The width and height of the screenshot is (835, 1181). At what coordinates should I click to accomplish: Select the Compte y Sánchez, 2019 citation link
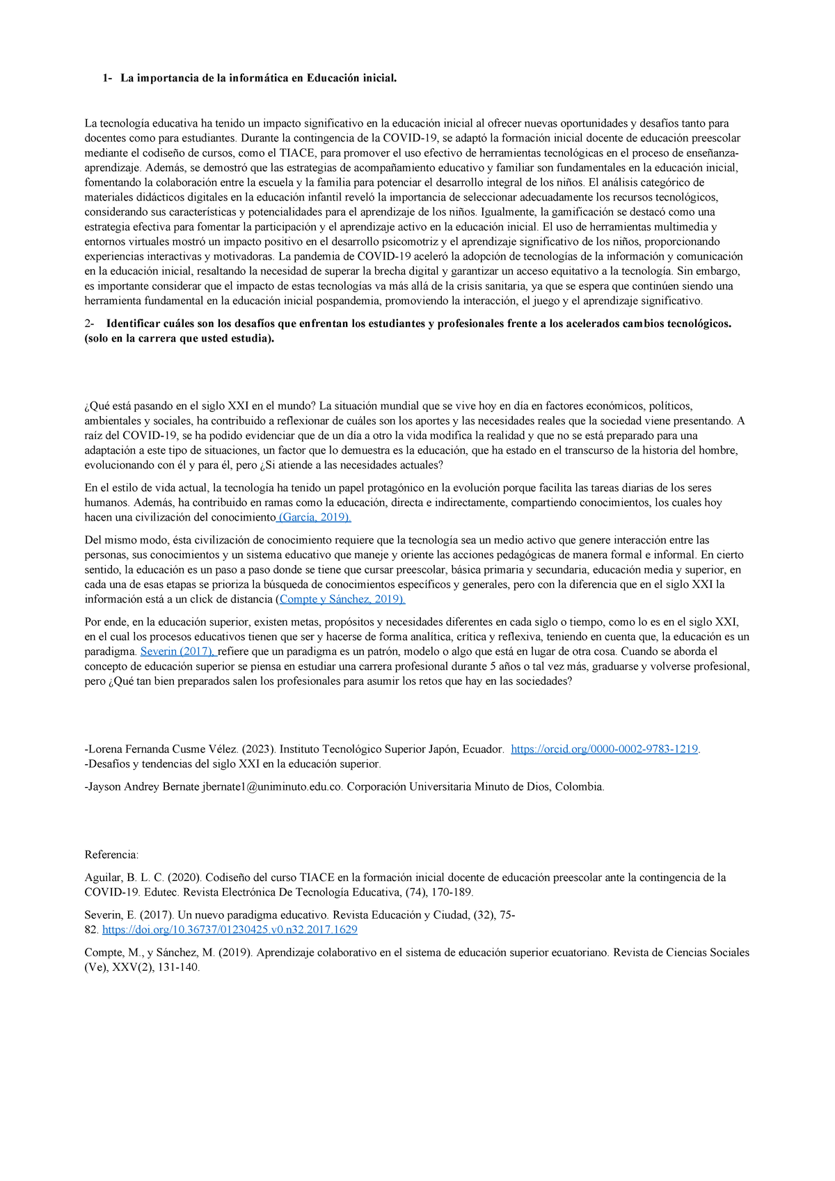coord(342,599)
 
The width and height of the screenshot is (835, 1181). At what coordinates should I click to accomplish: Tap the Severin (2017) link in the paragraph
coord(178,651)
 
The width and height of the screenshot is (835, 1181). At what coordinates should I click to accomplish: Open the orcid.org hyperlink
coord(604,749)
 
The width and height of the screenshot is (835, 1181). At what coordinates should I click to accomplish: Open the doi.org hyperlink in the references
coord(230,930)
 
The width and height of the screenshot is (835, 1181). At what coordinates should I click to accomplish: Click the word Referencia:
coord(111,855)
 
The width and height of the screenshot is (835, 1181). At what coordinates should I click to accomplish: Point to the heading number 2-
coord(89,324)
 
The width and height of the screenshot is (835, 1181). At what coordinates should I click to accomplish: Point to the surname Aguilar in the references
coord(103,878)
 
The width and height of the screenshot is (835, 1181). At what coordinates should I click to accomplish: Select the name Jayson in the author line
coord(105,786)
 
